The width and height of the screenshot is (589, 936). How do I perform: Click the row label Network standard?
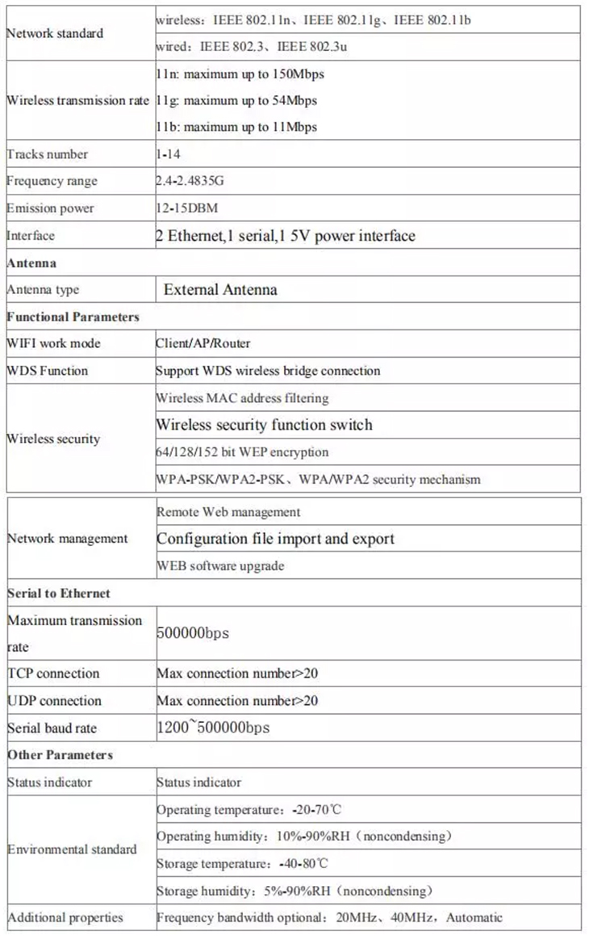point(55,34)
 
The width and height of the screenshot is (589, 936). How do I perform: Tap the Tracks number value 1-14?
point(169,154)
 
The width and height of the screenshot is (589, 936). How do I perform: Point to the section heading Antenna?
point(31,263)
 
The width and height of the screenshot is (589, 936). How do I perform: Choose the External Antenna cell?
point(220,290)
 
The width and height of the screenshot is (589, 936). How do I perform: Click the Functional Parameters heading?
point(73,317)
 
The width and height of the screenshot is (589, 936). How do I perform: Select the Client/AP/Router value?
point(203,343)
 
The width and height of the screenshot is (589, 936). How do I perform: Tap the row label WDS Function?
point(48,371)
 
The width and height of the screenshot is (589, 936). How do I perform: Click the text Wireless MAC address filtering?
point(242,398)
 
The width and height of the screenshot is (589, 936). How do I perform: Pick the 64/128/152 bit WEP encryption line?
point(242,452)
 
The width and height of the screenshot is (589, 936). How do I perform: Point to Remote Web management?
point(228,512)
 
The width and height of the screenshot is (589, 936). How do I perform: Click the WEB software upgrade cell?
point(220,566)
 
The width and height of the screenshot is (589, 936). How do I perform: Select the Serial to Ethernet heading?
point(59,593)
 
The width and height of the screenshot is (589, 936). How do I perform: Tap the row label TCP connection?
point(53,674)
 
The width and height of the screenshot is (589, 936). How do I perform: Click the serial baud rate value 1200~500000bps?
point(213,728)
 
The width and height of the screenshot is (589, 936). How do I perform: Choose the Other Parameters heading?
point(61,755)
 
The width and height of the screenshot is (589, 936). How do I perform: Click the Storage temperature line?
point(242,863)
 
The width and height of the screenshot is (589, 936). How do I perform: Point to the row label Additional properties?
point(65,917)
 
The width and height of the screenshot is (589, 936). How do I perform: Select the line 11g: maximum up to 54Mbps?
point(236,101)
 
